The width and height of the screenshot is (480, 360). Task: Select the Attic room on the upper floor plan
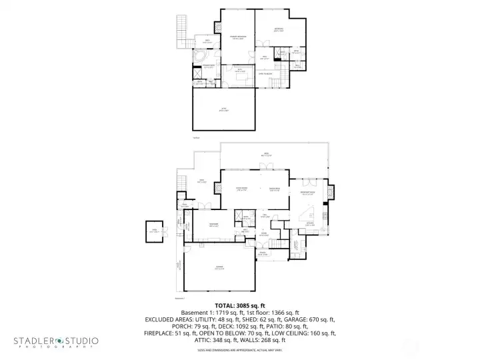[x=224, y=109]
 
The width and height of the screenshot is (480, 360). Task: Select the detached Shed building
[x=155, y=231]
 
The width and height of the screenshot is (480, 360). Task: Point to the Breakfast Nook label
[x=309, y=193]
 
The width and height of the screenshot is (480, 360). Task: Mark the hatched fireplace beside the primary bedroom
[x=218, y=28]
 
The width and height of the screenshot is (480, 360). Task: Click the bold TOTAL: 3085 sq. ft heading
[x=239, y=306]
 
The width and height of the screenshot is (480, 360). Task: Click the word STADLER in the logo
[x=33, y=341]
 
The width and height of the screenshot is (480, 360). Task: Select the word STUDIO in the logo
[x=81, y=341]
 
